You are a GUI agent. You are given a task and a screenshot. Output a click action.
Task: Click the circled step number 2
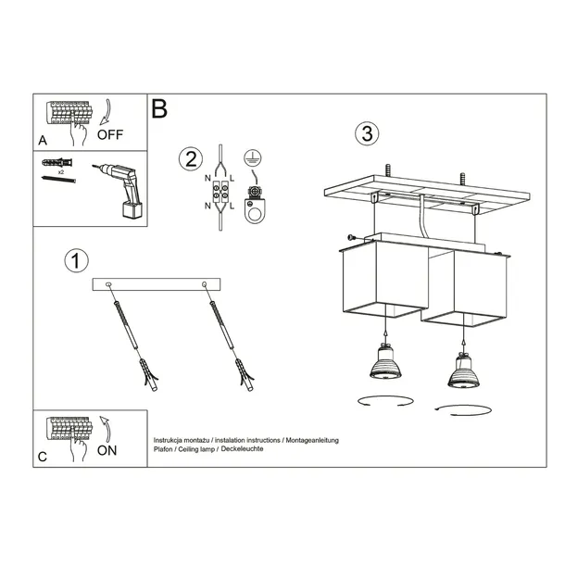coord(191,157)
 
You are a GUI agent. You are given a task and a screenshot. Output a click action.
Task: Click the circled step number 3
coord(368,133)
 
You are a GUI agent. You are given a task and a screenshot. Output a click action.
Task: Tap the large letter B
coord(159,110)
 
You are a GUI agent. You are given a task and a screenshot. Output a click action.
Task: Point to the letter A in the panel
coord(44,140)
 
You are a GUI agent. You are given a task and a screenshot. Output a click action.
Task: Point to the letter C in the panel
coord(44,457)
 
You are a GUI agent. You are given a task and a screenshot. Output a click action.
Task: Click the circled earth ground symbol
coord(252,157)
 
